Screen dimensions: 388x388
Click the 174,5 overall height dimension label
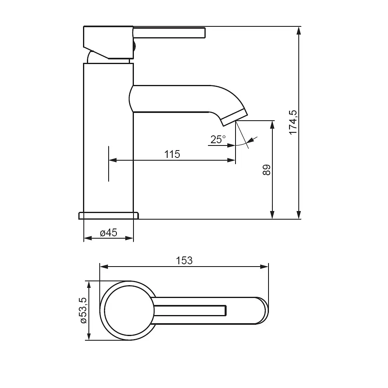pos(293,123)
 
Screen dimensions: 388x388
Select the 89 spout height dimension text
pos(267,170)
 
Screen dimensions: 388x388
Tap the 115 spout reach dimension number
pos(172,154)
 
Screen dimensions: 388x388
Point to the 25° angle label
pos(218,140)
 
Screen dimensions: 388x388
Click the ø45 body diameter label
pos(109,232)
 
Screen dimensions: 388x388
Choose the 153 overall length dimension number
pos(184,261)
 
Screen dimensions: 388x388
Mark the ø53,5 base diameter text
pos(83,310)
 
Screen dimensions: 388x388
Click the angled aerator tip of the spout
pos(234,118)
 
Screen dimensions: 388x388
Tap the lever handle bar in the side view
pos(169,33)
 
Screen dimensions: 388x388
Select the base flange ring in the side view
pos(109,216)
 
